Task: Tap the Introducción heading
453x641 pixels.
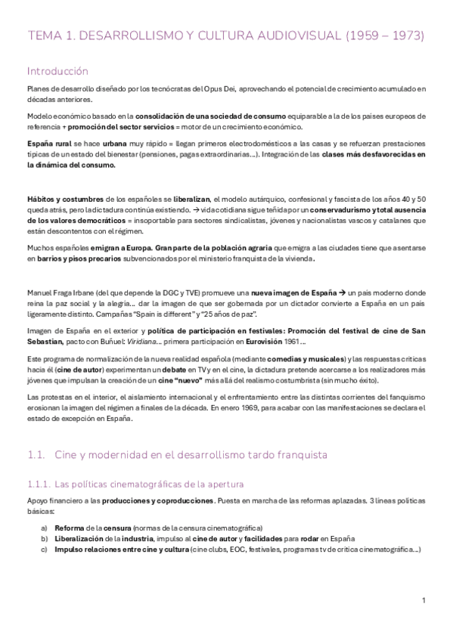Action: [x=57, y=71]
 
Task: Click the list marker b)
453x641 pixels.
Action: [x=45, y=537]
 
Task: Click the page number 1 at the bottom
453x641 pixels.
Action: [x=424, y=600]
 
